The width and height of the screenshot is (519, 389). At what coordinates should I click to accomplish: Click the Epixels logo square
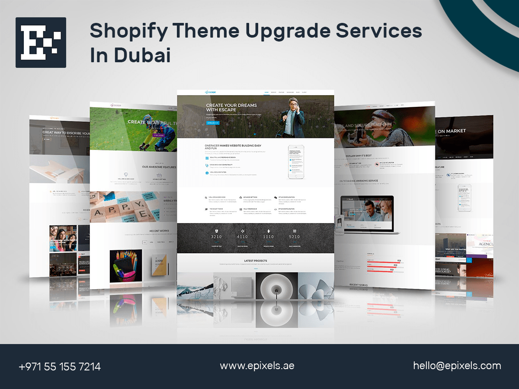pyautogui.click(x=41, y=42)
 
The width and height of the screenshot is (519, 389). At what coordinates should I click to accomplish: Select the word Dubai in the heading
pyautogui.click(x=142, y=55)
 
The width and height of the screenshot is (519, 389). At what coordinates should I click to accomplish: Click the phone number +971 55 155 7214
pyautogui.click(x=60, y=367)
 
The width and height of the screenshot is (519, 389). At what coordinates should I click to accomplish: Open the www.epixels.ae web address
pyautogui.click(x=257, y=365)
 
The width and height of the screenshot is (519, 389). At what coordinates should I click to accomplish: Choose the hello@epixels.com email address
pyautogui.click(x=457, y=366)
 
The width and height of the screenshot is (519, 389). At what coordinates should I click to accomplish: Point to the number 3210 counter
pyautogui.click(x=216, y=236)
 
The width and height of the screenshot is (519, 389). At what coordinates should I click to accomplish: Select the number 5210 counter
pyautogui.click(x=295, y=236)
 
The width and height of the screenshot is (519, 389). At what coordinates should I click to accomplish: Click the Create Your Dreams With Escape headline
pyautogui.click(x=231, y=107)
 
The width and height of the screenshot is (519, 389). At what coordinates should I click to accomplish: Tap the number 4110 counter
pyautogui.click(x=242, y=236)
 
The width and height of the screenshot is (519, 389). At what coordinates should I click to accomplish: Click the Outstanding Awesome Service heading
pyautogui.click(x=371, y=181)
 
